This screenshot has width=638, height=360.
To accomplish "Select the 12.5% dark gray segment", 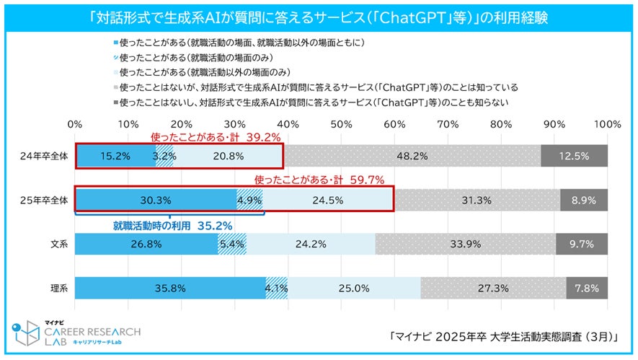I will pos(574,155).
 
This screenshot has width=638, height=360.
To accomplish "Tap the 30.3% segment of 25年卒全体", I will pos(156,200).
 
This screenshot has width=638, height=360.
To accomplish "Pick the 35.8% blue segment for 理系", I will pos(171,288).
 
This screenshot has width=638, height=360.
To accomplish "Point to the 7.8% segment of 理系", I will pos(587,288).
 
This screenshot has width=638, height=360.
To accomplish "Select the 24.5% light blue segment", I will pos(328,200).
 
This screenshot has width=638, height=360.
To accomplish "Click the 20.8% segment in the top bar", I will pos(228,155).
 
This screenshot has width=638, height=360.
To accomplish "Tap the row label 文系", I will pos(55,245).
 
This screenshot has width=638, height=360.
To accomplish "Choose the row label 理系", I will pos(55,289).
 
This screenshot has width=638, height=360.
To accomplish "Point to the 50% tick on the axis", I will pos(342,124).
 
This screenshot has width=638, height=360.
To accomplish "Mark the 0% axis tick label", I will pos(75,124).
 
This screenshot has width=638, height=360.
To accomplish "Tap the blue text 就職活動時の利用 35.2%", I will pos(172,225).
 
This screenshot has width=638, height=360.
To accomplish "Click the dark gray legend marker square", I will pos(115,102).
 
